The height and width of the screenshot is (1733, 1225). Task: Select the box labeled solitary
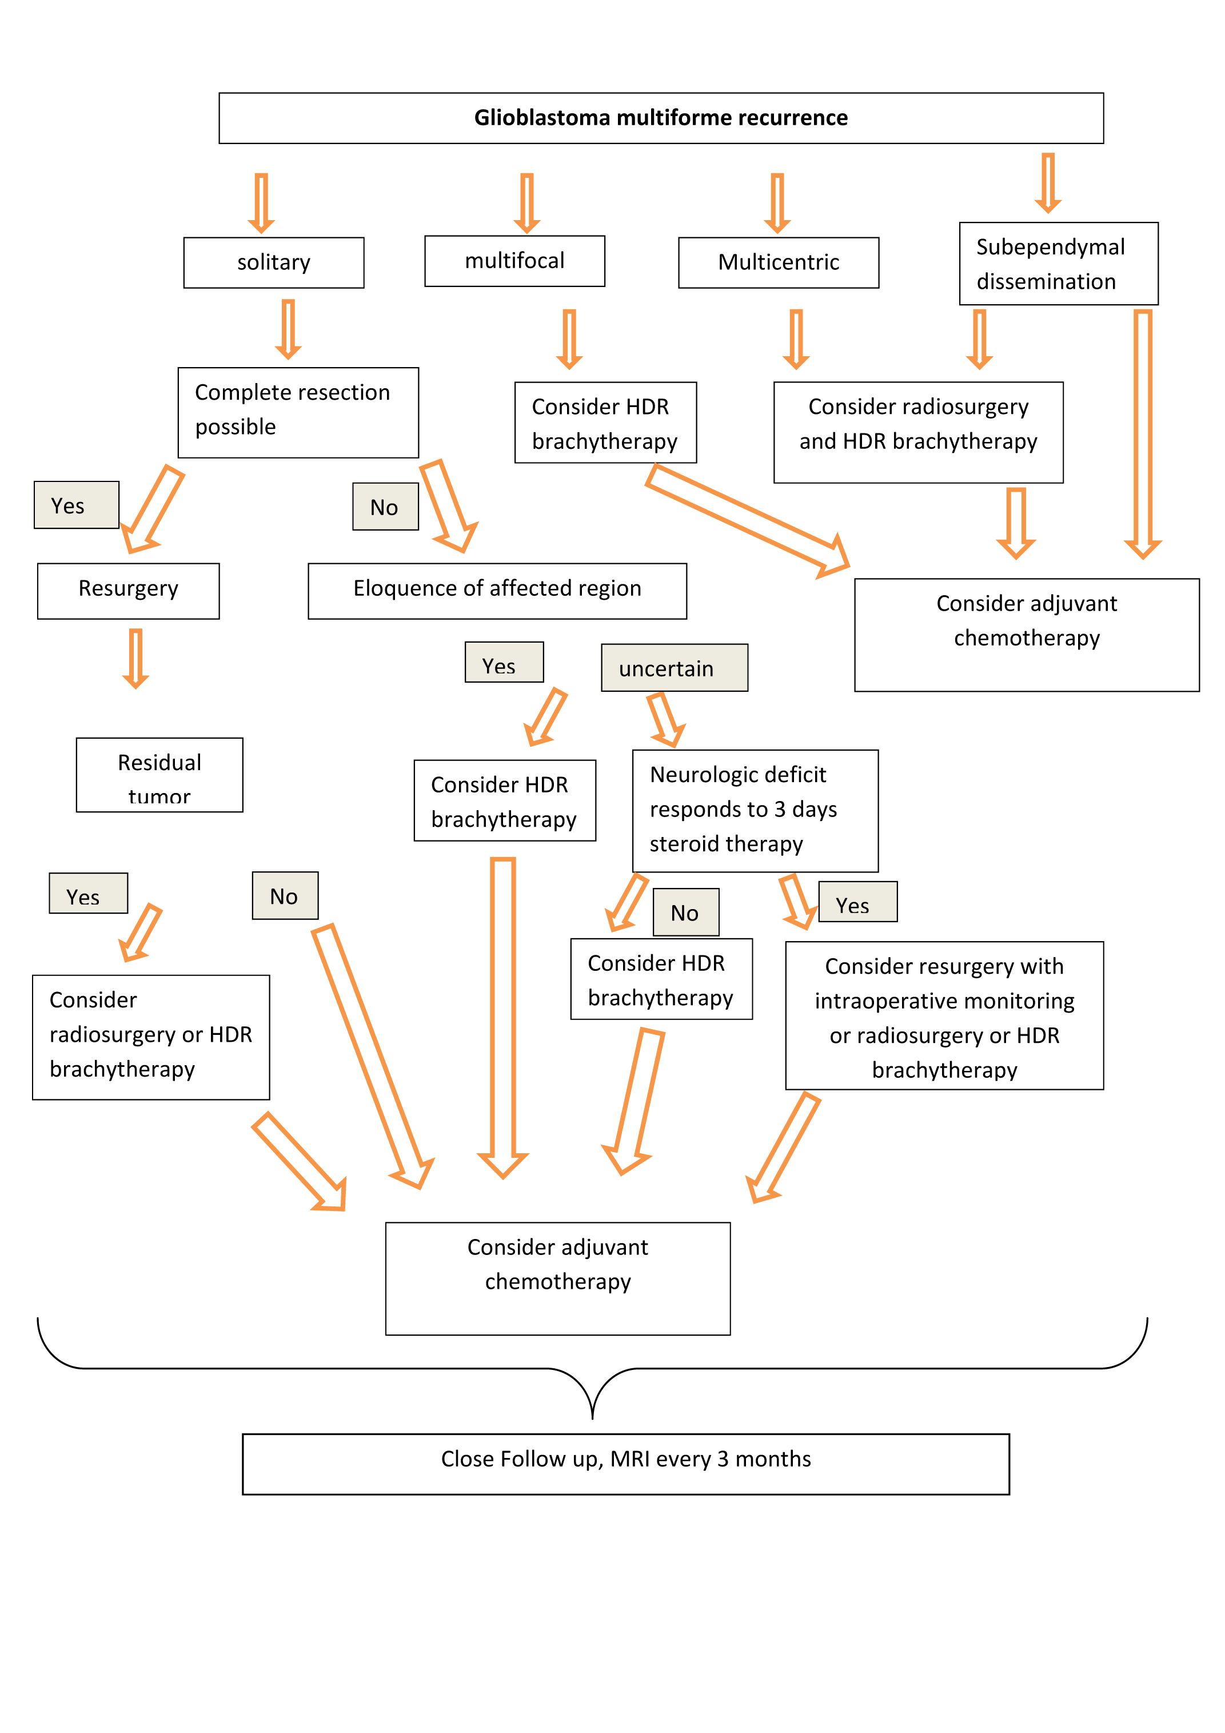[273, 262]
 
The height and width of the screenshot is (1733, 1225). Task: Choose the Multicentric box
[778, 262]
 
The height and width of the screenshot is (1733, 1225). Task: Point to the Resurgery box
[128, 589]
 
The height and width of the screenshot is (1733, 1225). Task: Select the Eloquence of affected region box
[497, 589]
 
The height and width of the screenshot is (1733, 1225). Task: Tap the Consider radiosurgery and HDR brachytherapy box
[918, 432]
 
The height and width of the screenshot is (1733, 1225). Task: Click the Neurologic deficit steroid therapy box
[755, 810]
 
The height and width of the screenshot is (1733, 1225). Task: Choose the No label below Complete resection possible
[385, 507]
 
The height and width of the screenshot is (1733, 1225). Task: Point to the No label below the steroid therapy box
[685, 913]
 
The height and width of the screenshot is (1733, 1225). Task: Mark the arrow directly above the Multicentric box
[777, 202]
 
